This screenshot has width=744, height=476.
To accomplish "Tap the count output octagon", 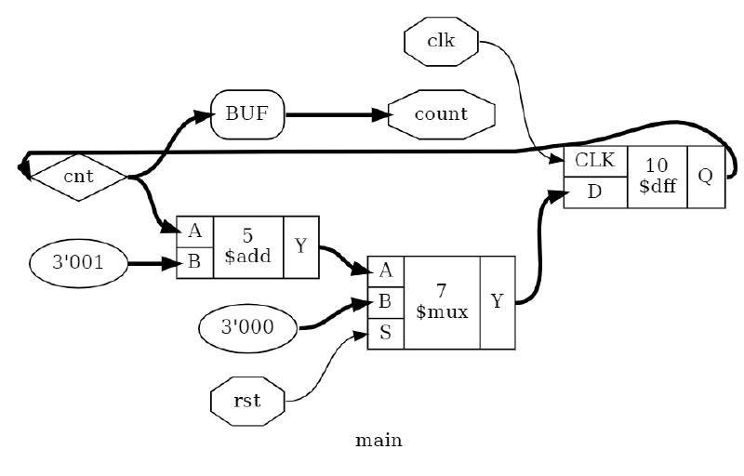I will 441,115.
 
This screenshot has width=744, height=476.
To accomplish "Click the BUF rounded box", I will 248,115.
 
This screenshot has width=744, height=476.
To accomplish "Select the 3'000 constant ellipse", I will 248,327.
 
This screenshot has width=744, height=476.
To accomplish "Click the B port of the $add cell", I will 194,262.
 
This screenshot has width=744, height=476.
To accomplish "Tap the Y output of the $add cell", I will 300,246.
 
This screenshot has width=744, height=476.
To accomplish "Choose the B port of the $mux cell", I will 386,302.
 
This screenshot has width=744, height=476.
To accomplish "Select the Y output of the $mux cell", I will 497,302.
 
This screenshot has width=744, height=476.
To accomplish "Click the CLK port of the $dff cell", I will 595,160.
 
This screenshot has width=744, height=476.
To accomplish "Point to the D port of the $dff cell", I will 595,192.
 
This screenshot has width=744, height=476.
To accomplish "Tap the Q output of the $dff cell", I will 705,176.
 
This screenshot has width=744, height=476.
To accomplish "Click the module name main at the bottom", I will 379,441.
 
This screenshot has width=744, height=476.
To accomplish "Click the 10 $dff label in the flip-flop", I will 657,176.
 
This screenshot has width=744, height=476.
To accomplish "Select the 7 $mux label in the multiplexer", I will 442,302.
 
